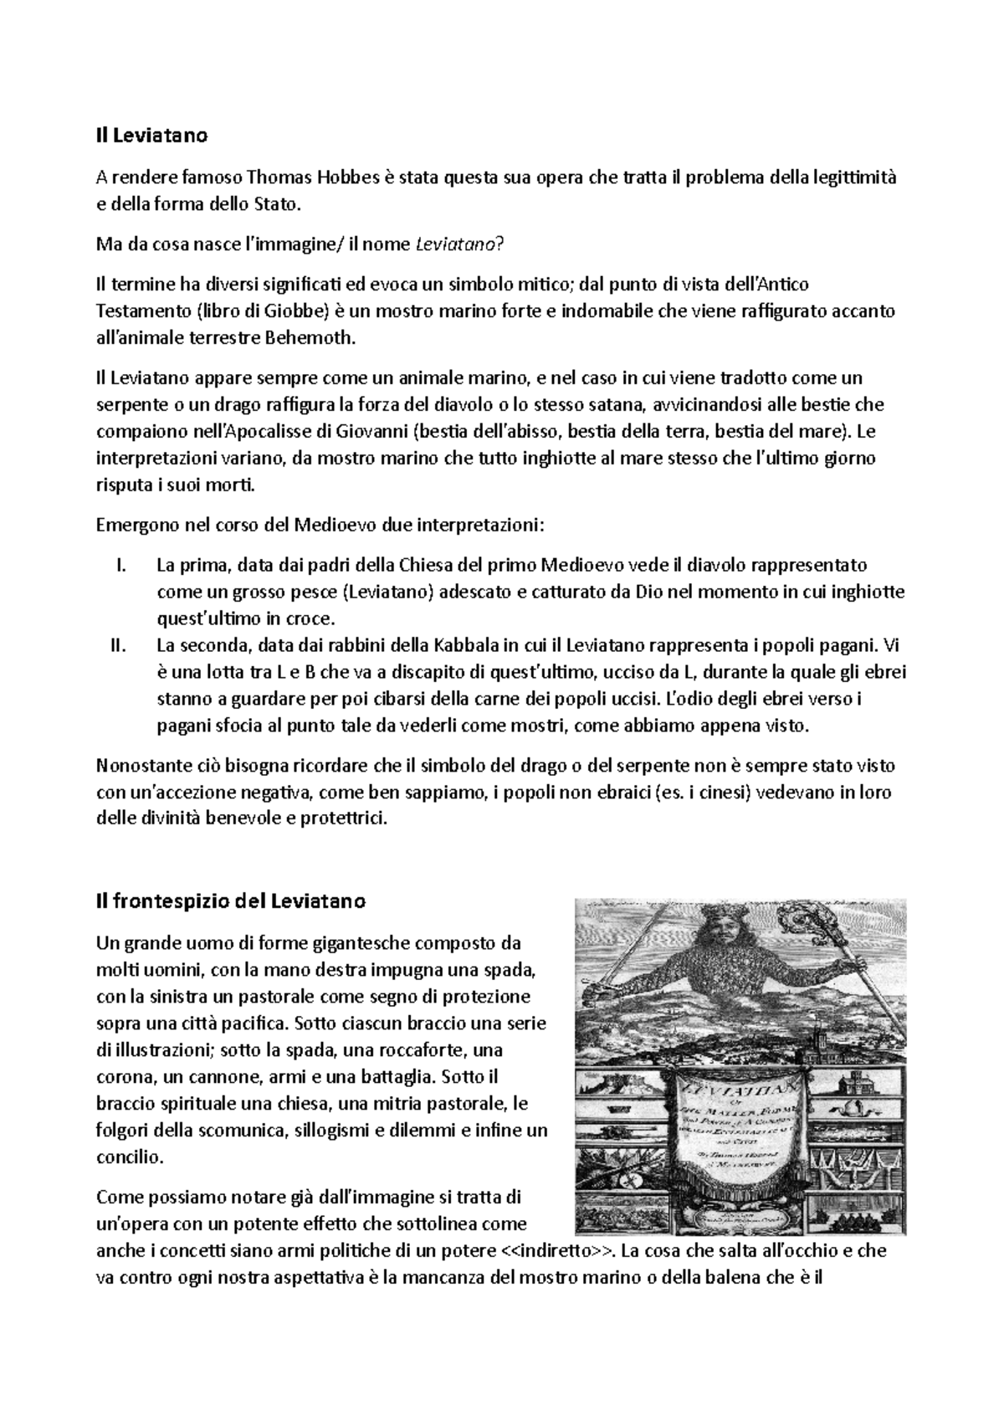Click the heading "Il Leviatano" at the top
pyautogui.click(x=151, y=135)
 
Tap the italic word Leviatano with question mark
pyautogui.click(x=460, y=244)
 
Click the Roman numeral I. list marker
pyautogui.click(x=118, y=565)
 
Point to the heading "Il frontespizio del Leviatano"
pyautogui.click(x=231, y=902)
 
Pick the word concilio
pyautogui.click(x=128, y=1157)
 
